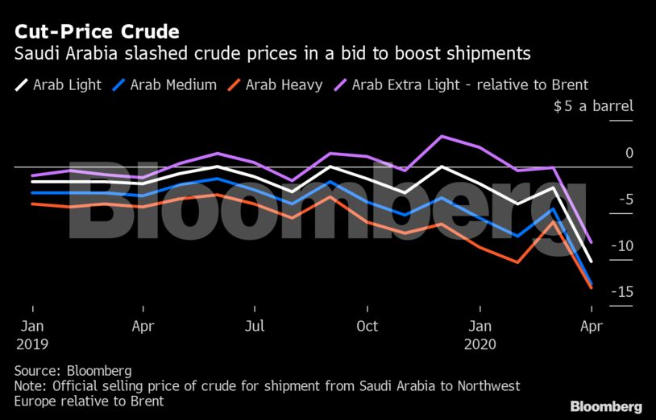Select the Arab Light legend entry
coord(58,84)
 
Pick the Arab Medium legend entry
coord(164,84)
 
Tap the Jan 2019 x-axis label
coord(31,335)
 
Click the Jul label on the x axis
coord(254,327)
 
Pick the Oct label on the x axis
coord(367,327)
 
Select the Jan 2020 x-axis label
coord(480,335)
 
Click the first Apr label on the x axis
coord(143,327)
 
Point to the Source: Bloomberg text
coord(73,371)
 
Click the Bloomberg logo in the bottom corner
coord(606,406)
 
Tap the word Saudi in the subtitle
coord(36,55)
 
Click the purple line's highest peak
coord(441,136)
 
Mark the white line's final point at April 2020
coord(592,261)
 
